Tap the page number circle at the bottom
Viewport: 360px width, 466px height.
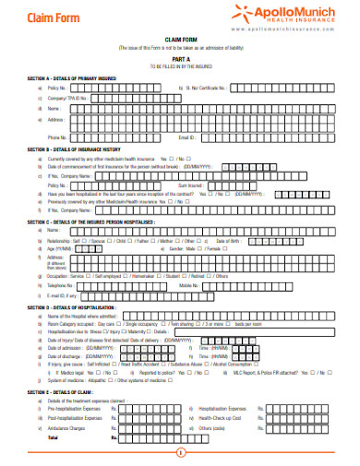tap(180, 452)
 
